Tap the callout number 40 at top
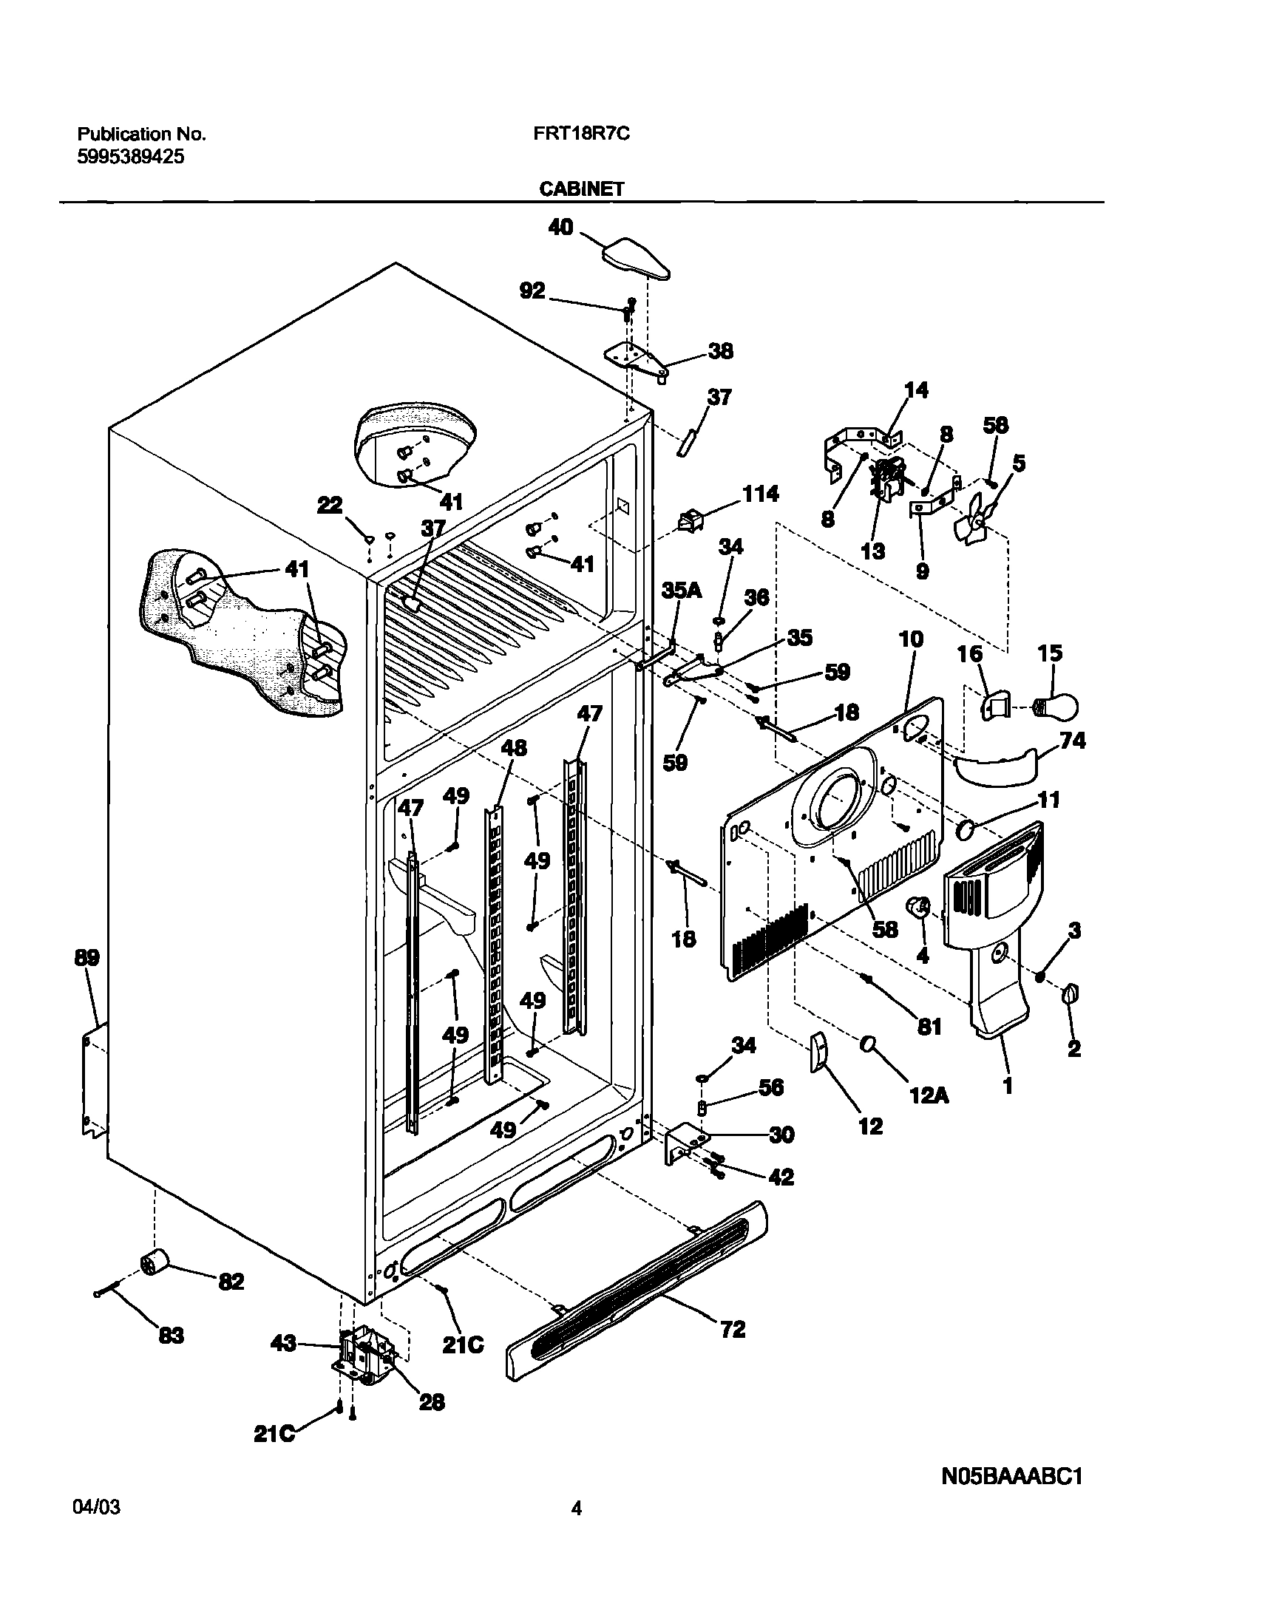[560, 227]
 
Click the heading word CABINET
[580, 189]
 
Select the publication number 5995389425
[131, 157]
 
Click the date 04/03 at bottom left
[97, 1529]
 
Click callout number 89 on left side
[86, 958]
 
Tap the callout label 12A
[929, 1095]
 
